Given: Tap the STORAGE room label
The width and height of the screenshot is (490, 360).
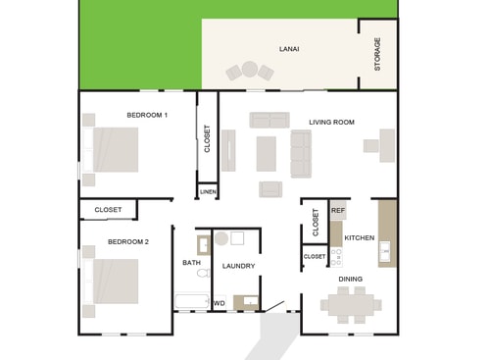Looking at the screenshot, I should [x=377, y=54].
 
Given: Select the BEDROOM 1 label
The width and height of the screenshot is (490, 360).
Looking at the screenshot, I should [x=147, y=115].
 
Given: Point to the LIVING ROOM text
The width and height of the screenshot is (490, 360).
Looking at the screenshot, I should [x=331, y=122].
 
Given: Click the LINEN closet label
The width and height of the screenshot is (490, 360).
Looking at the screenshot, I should [x=208, y=192].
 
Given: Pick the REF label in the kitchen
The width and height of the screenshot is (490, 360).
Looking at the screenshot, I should [x=338, y=210].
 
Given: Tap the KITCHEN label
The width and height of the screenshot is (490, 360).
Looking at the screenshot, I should [x=359, y=238].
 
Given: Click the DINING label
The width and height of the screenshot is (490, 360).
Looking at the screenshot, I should [x=351, y=279].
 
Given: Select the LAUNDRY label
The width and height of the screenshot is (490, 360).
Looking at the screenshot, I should [x=238, y=266].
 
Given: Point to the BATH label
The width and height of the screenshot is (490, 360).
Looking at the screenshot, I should [x=191, y=263].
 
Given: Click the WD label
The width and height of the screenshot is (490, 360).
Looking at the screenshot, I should [x=219, y=303].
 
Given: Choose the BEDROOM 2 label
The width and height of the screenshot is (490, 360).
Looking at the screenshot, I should [x=128, y=241].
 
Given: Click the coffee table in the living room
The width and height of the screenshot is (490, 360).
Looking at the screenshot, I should [x=267, y=153].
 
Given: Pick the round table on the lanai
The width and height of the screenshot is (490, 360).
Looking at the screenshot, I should [x=249, y=70].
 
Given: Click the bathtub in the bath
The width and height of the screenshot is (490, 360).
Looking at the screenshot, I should [x=192, y=301].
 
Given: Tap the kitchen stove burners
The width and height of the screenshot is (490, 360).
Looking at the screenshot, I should [x=336, y=257].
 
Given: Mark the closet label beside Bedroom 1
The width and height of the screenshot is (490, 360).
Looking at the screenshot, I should [x=207, y=137].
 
